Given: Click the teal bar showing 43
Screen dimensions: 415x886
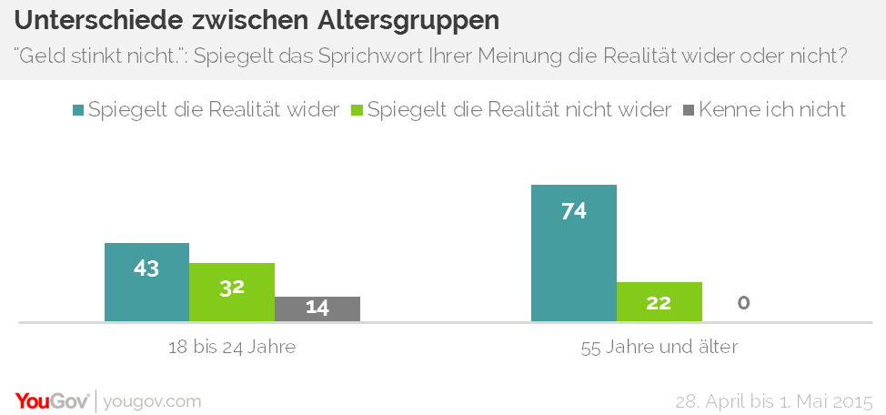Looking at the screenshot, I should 146,282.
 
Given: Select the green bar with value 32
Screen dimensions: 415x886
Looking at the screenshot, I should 232,292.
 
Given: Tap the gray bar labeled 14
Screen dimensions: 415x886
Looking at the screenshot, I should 317,309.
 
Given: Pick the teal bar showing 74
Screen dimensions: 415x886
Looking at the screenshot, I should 573,253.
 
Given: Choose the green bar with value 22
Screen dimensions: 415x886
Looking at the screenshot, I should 659,301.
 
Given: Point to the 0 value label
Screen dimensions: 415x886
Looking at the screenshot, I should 744,303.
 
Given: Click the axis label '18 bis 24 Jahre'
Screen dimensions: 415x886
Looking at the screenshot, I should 232,347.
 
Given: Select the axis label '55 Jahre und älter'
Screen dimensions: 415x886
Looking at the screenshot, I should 659,347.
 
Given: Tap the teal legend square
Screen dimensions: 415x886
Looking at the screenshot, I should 79,110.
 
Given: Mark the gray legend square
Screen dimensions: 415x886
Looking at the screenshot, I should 689,110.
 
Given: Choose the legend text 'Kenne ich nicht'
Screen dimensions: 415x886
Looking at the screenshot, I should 773,109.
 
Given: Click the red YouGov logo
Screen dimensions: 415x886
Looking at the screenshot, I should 52,400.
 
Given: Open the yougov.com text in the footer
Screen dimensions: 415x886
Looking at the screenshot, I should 152,401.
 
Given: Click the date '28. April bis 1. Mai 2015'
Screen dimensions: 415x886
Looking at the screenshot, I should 773,401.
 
